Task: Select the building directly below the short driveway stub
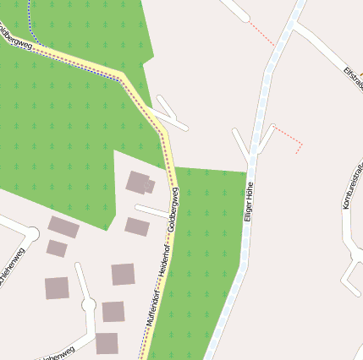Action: pyautogui.click(x=136, y=226)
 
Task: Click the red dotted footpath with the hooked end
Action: pyautogui.click(x=290, y=138)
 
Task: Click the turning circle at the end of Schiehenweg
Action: pyautogui.click(x=32, y=233)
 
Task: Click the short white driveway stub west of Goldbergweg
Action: pyautogui.click(x=152, y=210)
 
